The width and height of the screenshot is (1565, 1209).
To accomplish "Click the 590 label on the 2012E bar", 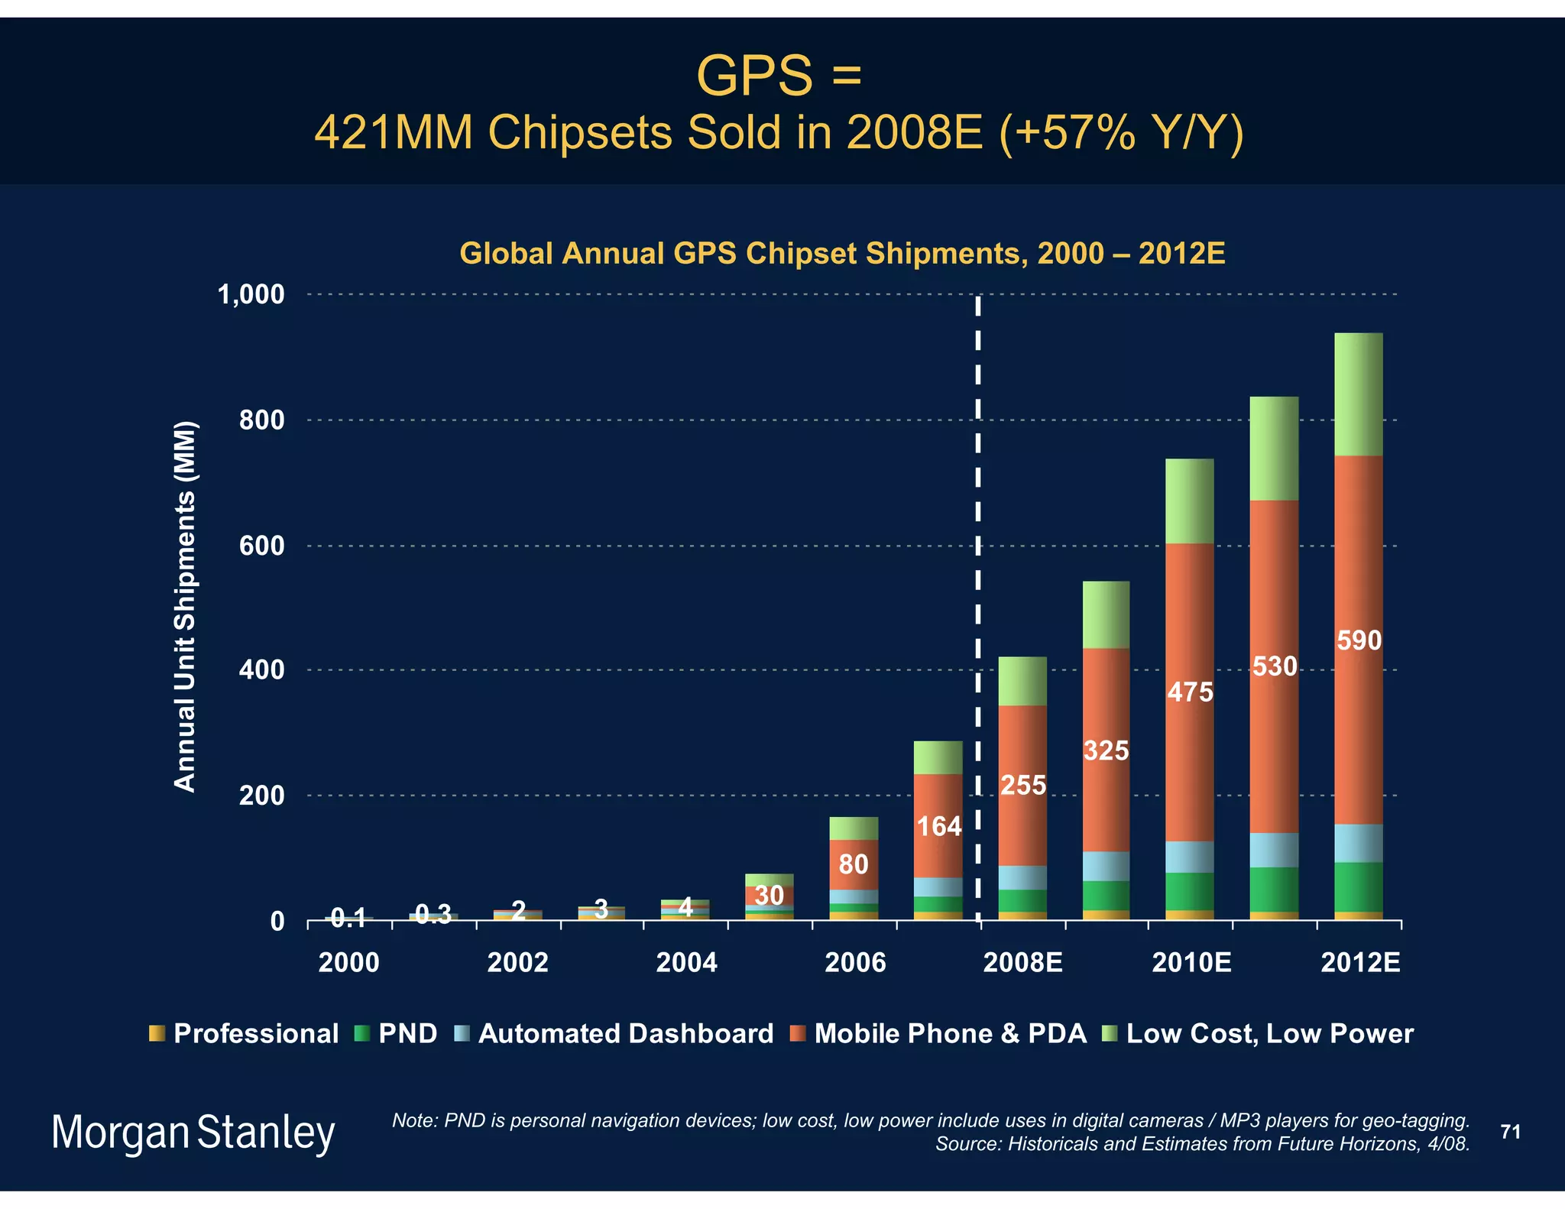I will [x=1359, y=640].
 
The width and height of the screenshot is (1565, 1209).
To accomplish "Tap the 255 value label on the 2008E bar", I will [x=1023, y=785].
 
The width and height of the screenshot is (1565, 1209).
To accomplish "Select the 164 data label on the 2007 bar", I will [x=939, y=826].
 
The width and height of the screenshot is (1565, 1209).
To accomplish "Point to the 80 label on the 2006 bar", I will [x=854, y=864].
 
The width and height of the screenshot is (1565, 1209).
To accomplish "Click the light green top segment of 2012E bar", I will [x=1358, y=394].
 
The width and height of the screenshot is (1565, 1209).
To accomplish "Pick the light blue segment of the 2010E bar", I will [x=1189, y=857].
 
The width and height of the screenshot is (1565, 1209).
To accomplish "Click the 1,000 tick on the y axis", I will [x=251, y=294].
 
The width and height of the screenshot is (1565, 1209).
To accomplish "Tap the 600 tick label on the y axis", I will [x=261, y=546].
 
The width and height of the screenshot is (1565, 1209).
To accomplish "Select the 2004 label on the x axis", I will [x=686, y=962].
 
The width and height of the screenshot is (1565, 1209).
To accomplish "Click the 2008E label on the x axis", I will [x=1022, y=962].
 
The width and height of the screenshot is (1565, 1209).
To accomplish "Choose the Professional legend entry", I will [x=245, y=1033].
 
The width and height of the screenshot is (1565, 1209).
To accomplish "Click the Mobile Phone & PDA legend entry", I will [x=938, y=1033].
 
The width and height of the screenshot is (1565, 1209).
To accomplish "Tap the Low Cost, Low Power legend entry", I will [x=1258, y=1033].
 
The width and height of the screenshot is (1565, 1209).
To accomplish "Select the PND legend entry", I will [x=396, y=1033].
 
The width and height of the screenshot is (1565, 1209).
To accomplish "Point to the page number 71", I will [x=1510, y=1132].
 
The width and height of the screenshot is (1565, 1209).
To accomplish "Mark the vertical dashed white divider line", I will [x=978, y=535].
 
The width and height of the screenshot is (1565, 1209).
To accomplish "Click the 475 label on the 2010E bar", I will [x=1190, y=692].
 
